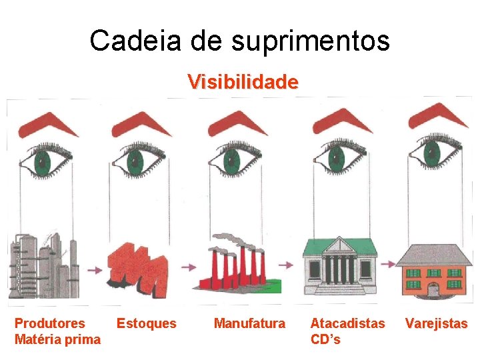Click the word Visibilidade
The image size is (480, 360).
coord(243,82)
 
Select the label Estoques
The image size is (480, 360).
coord(147,324)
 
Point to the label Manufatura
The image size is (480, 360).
coord(249,324)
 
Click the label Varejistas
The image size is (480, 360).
coord(437,324)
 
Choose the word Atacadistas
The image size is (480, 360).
coord(347,323)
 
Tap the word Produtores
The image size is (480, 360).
coord(50,323)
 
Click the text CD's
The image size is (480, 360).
coord(325,339)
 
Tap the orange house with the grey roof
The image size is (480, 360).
coord(433,270)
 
